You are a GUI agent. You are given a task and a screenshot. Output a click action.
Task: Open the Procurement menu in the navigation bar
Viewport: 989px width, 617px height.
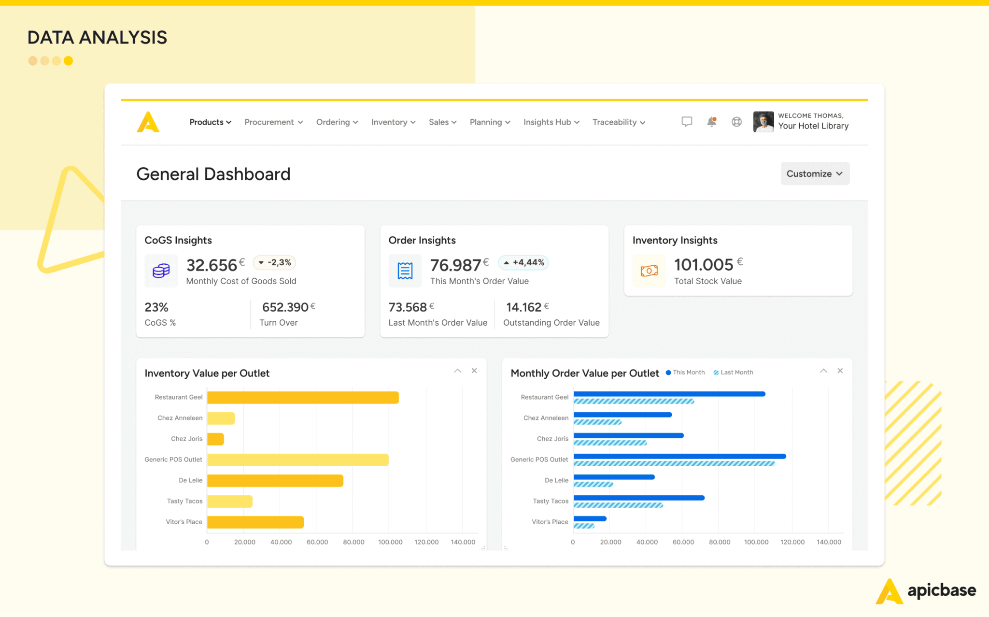(x=273, y=122)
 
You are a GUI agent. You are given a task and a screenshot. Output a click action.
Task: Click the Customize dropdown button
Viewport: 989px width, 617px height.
(x=815, y=173)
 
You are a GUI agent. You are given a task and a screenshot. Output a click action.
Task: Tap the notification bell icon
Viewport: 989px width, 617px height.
(x=711, y=122)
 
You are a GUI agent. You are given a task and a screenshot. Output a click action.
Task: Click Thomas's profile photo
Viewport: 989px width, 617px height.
(x=763, y=122)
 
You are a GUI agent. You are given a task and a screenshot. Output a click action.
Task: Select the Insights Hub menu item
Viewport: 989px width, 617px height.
(x=551, y=122)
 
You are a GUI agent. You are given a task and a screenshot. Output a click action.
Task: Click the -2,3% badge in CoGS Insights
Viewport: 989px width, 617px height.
(x=274, y=262)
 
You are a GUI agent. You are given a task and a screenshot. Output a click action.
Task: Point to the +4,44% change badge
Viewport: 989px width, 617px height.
(x=523, y=262)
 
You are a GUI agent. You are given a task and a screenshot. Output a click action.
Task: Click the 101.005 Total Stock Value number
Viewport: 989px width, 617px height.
(x=704, y=265)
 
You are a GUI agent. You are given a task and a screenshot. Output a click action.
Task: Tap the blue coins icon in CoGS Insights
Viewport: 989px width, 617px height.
(x=161, y=271)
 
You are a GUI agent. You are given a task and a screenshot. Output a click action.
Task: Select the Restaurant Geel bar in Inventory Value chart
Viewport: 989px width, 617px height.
(x=303, y=397)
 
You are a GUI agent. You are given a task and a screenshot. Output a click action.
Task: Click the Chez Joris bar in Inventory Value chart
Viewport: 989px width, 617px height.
(x=215, y=439)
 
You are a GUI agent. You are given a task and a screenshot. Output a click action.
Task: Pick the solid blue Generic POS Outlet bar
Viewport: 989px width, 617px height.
(x=679, y=456)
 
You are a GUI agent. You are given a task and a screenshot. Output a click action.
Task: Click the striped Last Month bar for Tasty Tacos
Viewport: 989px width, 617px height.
(x=618, y=505)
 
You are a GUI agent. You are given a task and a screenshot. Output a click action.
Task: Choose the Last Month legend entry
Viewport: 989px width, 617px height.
(x=734, y=372)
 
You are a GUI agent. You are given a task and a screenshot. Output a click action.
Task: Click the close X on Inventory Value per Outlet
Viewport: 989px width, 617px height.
(x=474, y=371)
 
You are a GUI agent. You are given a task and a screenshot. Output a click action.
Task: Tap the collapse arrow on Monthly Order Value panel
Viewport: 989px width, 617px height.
(x=823, y=371)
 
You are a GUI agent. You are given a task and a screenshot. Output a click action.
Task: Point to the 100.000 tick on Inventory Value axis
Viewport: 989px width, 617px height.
(x=390, y=542)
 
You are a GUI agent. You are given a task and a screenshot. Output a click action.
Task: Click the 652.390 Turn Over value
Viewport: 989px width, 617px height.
(x=285, y=307)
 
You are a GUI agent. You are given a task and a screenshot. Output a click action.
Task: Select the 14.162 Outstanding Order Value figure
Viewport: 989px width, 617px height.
(x=523, y=307)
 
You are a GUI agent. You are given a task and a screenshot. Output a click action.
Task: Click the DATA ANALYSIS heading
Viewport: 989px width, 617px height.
(x=97, y=37)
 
